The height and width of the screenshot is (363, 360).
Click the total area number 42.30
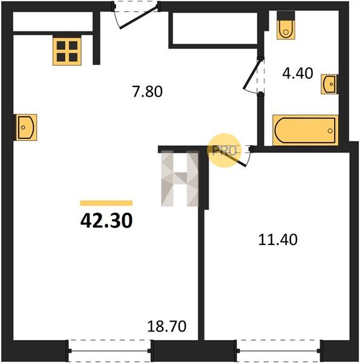pyautogui.click(x=106, y=220)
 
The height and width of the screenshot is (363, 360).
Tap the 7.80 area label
pyautogui.click(x=148, y=91)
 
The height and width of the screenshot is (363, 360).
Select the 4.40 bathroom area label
pyautogui.click(x=298, y=73)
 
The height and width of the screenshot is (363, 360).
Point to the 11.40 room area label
pyautogui.click(x=278, y=240)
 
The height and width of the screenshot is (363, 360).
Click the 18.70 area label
pyautogui.click(x=166, y=326)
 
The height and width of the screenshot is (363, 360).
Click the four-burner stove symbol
pyautogui.click(x=67, y=51)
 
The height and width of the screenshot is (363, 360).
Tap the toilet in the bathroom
pyautogui.click(x=286, y=30)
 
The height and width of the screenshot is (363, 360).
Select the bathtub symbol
pyautogui.click(x=306, y=130)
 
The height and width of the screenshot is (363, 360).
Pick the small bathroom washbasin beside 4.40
pyautogui.click(x=329, y=84)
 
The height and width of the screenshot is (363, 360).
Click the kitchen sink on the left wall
pyautogui.click(x=25, y=127)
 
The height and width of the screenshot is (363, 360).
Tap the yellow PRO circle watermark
pyautogui.click(x=224, y=151)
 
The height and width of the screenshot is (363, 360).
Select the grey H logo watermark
pyautogui.click(x=180, y=178)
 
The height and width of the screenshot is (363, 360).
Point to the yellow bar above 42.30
pyautogui.click(x=106, y=203)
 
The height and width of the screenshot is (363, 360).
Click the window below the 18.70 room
pyautogui.click(x=110, y=351)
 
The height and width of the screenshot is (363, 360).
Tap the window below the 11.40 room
pyautogui.click(x=278, y=351)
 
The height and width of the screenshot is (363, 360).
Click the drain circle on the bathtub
pyautogui.click(x=330, y=131)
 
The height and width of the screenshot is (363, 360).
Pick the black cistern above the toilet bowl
pyautogui.click(x=286, y=16)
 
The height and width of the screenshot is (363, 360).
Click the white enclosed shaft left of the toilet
pyautogui.click(x=215, y=28)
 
